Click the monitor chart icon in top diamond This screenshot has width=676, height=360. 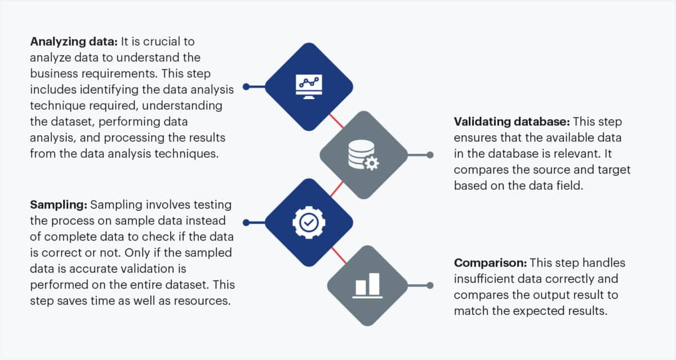(309, 87)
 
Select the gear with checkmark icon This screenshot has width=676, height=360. (309, 222)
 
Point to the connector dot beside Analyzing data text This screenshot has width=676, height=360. (246, 87)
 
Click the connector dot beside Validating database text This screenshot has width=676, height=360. (430, 154)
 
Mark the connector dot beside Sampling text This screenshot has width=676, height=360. (246, 222)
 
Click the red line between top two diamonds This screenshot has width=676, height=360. (336, 121)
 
